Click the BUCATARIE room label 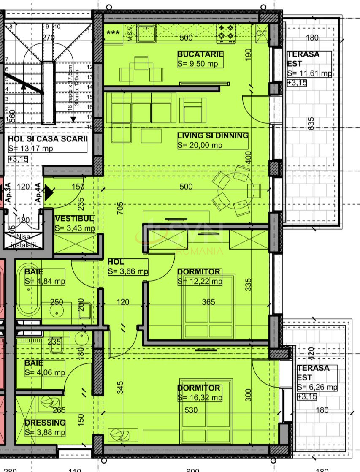click(200, 54)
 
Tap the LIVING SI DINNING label click(212, 136)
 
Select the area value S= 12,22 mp click(200, 281)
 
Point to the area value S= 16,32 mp click(200, 398)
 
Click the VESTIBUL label click(74, 219)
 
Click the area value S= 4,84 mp click(45, 281)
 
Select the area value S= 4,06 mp click(45, 372)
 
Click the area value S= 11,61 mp click(309, 73)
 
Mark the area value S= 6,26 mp click(317, 387)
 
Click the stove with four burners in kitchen click(226, 33)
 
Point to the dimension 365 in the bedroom click(208, 302)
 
